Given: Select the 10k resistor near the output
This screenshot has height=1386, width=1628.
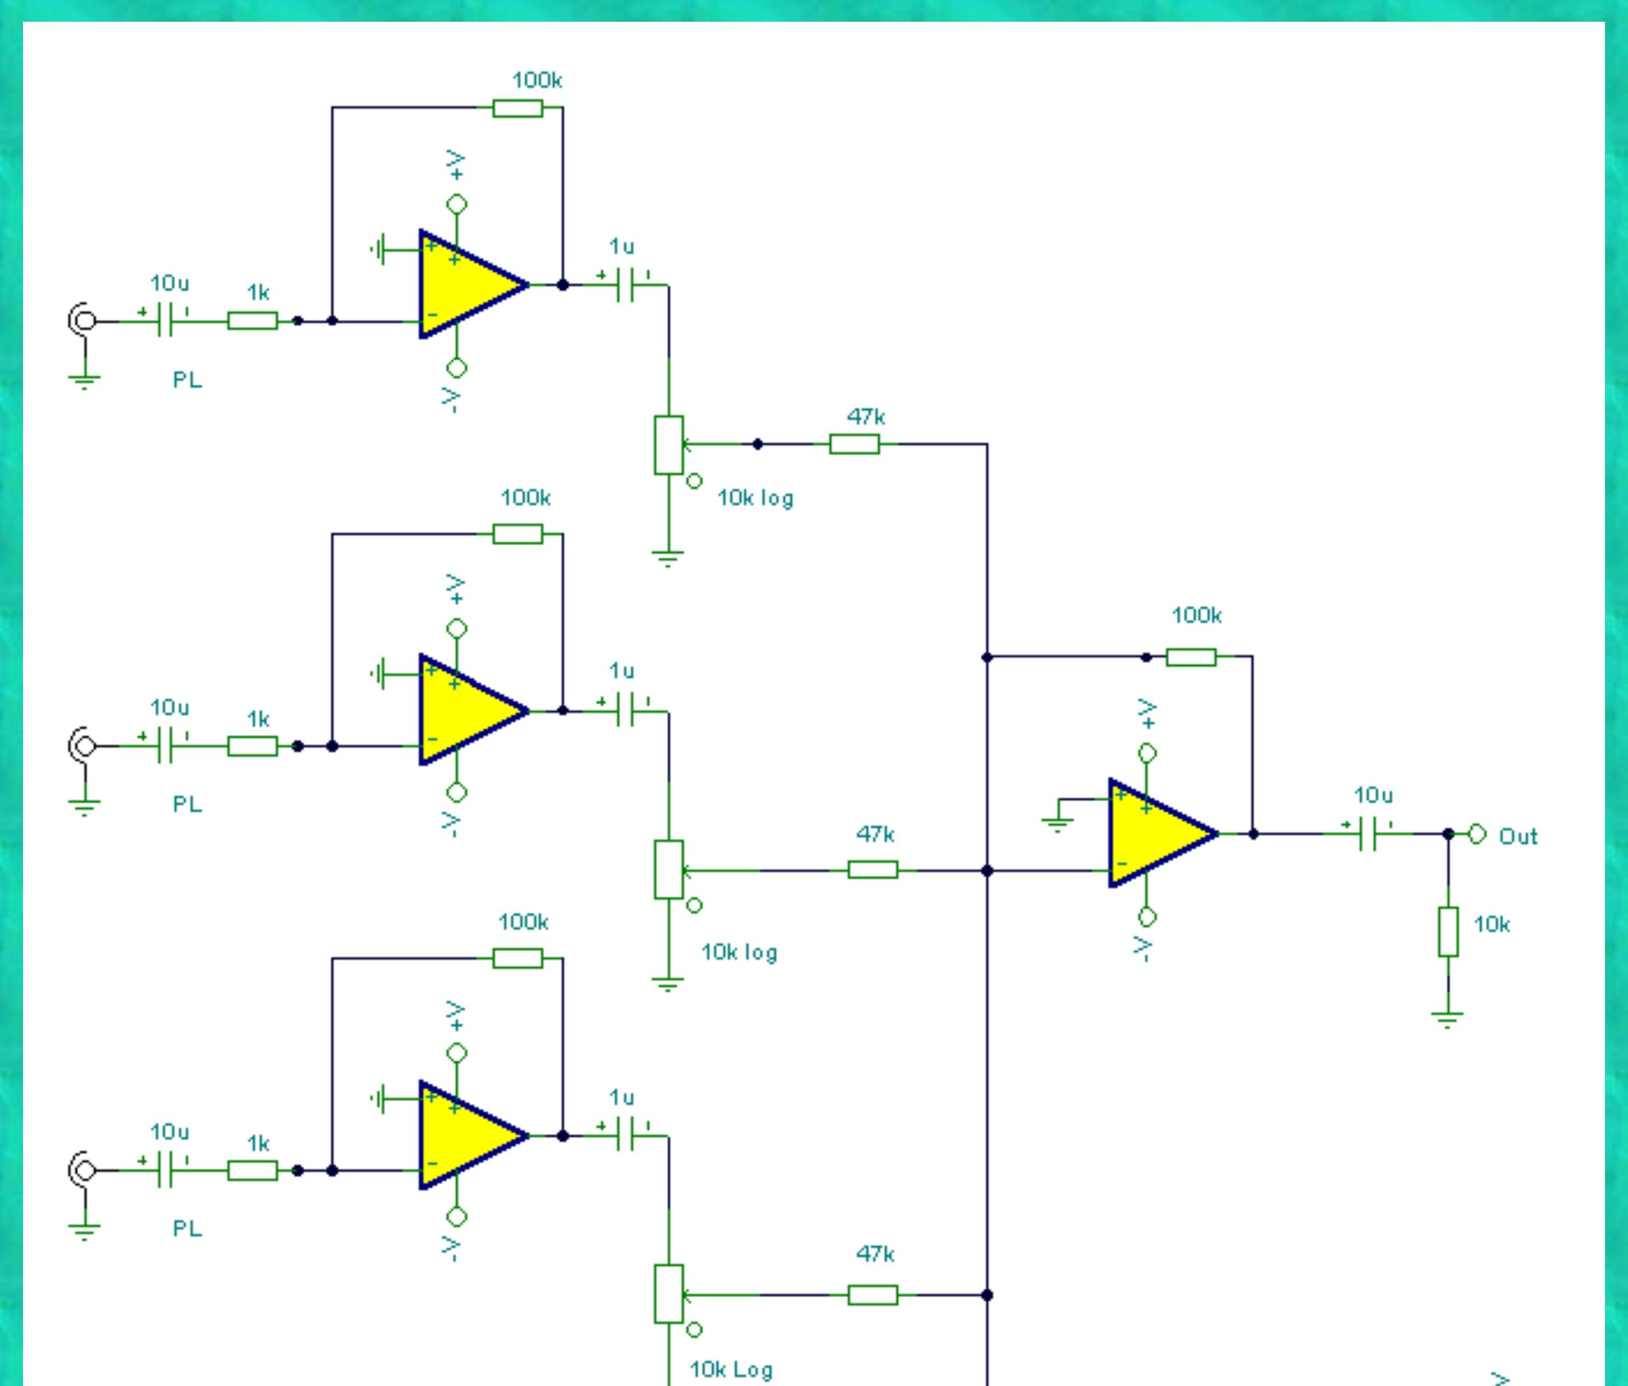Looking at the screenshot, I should pos(1448,932).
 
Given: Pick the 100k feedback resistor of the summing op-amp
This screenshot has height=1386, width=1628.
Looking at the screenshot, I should pos(1191,657).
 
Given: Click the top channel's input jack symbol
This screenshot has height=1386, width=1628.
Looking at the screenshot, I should pos(82,320).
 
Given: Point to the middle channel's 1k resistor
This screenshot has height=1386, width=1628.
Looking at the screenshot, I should pos(252,746).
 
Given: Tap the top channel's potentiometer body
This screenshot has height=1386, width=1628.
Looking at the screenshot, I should pos(668,445).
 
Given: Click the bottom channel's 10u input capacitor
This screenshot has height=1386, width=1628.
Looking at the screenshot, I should pos(165,1171).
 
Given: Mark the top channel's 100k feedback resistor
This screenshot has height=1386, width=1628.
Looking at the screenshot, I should pos(517,108).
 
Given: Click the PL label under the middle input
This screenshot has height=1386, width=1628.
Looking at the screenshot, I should pos(187,804).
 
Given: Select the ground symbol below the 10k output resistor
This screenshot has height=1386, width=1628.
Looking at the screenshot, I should pos(1448,1020).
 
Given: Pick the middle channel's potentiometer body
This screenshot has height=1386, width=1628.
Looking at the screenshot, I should pos(668,869).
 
